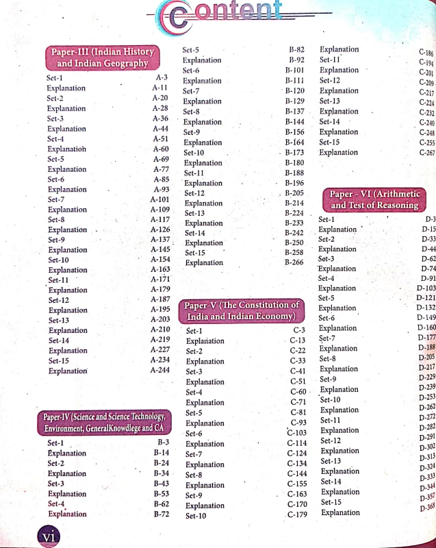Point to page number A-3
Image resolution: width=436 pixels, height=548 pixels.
pyautogui.click(x=162, y=77)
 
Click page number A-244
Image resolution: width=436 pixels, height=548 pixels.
pyautogui.click(x=159, y=370)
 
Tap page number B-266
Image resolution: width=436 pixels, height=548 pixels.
pyautogui.click(x=294, y=262)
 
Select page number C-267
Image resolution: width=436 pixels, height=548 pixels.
pyautogui.click(x=426, y=153)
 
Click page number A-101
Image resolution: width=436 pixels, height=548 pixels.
pyautogui.click(x=159, y=199)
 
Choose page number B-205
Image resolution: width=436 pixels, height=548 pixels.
pyautogui.click(x=294, y=194)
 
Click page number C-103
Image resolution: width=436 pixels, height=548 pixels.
pyautogui.click(x=296, y=432)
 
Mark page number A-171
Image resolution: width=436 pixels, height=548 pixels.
pyautogui.click(x=159, y=279)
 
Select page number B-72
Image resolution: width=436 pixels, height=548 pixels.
pyautogui.click(x=161, y=513)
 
